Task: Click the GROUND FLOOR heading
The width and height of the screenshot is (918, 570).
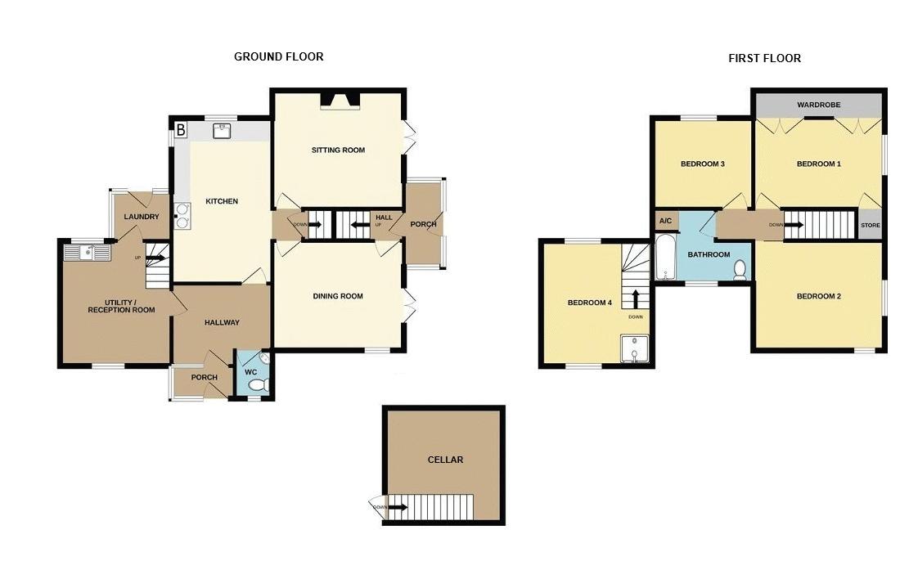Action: tap(279, 56)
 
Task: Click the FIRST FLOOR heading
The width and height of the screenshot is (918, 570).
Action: tap(765, 58)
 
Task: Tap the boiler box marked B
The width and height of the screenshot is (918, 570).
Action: tap(181, 129)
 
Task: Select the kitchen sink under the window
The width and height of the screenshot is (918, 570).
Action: tap(222, 131)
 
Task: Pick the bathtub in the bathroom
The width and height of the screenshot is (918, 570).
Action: tap(665, 258)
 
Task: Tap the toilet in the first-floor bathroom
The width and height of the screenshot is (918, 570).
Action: tap(740, 270)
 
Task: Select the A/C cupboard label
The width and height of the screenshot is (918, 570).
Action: tap(666, 221)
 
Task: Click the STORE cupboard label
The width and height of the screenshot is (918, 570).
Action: tap(871, 226)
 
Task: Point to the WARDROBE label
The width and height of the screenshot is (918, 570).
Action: tap(818, 105)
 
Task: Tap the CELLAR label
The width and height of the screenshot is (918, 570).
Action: tap(446, 460)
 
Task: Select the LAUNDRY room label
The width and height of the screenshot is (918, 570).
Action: tap(142, 217)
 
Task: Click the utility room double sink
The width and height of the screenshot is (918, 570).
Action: tap(87, 252)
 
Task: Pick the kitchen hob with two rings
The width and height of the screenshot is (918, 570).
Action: tap(182, 215)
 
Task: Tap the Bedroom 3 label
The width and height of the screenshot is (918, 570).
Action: tap(703, 164)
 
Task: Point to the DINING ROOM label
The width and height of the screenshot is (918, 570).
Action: tap(338, 296)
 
